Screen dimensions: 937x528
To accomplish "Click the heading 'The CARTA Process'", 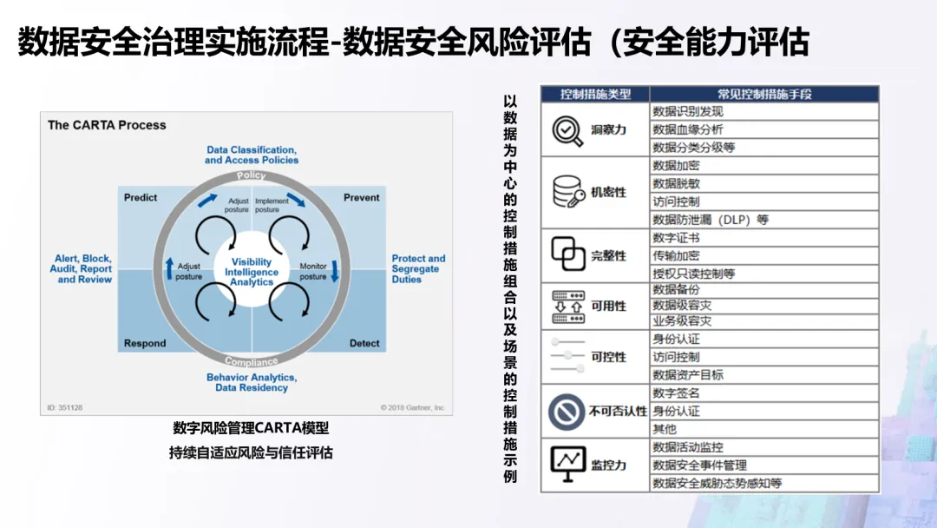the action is [107, 125].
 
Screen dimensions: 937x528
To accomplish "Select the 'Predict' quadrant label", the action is [141, 198].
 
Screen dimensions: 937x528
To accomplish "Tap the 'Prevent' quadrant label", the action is [362, 198].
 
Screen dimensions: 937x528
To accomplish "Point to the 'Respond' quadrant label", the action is [145, 343].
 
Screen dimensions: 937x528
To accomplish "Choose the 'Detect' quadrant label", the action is [364, 343].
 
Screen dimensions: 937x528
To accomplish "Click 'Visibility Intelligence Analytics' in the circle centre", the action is [252, 272].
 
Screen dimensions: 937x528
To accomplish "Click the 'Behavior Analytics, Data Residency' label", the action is [252, 382].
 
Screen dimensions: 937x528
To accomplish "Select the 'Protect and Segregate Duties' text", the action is [418, 268].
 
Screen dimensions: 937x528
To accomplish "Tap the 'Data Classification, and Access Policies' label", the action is [252, 155].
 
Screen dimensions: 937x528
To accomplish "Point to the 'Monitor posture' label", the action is [312, 271].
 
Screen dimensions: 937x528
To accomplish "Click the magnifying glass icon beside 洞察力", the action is [568, 130].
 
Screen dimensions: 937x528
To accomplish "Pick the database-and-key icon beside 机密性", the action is [568, 192].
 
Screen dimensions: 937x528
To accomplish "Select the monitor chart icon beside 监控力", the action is [568, 465].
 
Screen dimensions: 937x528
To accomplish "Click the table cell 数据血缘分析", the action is [688, 129].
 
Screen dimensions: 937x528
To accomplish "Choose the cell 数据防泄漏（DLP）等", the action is [711, 221].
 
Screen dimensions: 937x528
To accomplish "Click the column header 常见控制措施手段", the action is [764, 94].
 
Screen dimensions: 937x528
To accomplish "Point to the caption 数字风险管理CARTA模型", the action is [251, 428].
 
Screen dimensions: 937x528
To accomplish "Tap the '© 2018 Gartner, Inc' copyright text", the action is [412, 407].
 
